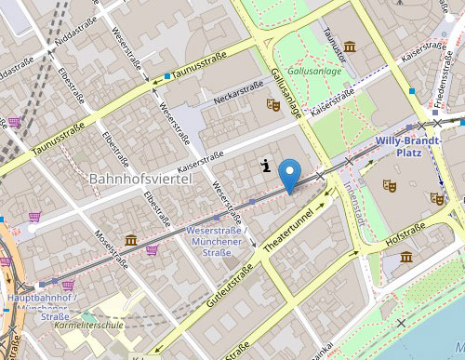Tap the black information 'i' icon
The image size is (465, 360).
[267, 167]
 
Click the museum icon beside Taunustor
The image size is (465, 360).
[350, 47]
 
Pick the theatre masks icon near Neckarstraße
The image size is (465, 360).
[273, 105]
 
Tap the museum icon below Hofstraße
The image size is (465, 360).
[405, 257]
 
